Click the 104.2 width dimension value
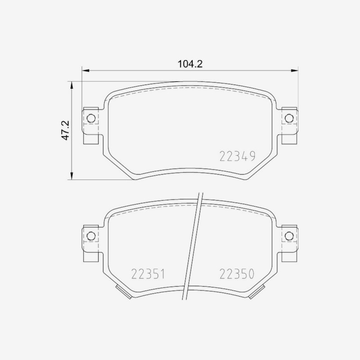coord(190,64)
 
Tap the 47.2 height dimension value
coord(65,130)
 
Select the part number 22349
coord(238,156)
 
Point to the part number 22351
coord(148,274)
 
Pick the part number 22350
coord(237,274)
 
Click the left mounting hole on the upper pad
coord(91,118)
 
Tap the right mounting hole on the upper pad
coord(289,118)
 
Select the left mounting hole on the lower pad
coord(91,236)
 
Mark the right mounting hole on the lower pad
coord(289,236)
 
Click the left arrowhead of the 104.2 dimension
coord(85,71)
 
